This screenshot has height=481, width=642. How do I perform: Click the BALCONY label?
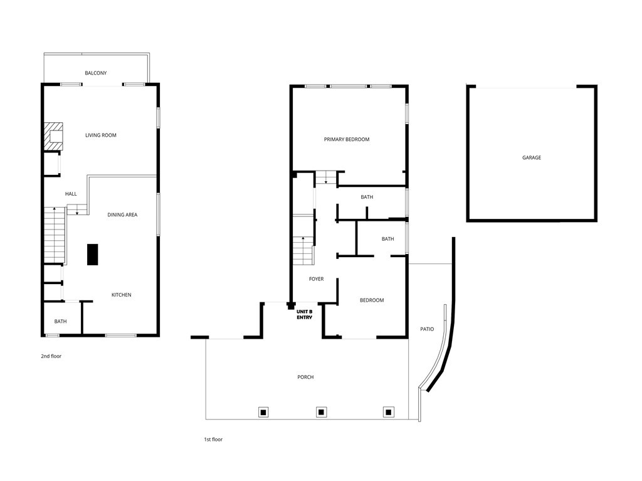click(x=96, y=73)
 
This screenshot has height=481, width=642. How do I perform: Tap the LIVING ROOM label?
click(x=101, y=135)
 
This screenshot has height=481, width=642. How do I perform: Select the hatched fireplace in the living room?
click(x=53, y=137)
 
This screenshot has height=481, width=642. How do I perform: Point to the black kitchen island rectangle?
click(x=92, y=255)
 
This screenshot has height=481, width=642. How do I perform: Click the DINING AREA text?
click(x=122, y=215)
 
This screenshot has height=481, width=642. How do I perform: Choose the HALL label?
click(x=71, y=194)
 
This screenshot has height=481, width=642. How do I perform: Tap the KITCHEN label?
click(x=122, y=295)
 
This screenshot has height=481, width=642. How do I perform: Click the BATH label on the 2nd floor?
click(x=60, y=322)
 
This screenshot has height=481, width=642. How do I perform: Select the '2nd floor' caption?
click(x=51, y=356)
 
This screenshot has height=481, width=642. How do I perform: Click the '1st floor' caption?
click(x=213, y=440)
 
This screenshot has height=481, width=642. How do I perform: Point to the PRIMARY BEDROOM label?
click(x=347, y=139)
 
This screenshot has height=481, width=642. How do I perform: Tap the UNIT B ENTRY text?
click(x=305, y=314)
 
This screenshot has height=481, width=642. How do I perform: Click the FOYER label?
click(x=317, y=279)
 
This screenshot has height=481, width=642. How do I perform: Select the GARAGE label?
click(x=532, y=158)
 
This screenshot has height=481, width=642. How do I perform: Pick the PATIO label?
click(x=427, y=329)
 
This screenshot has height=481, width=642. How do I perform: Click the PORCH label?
click(x=305, y=378)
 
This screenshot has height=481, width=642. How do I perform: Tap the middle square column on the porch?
click(x=321, y=412)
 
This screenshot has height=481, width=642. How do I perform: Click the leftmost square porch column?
click(x=264, y=412)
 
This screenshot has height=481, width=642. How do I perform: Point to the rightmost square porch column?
click(x=388, y=412)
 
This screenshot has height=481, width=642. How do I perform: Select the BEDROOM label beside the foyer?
click(x=372, y=300)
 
